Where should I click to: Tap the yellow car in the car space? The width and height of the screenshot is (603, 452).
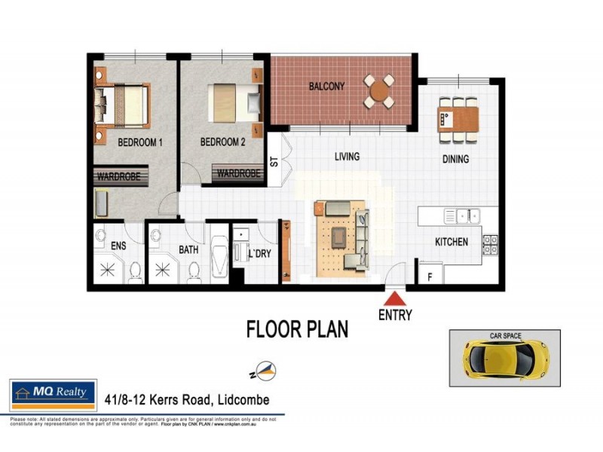pyautogui.click(x=504, y=358)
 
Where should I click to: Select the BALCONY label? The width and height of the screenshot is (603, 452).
pyautogui.click(x=326, y=87)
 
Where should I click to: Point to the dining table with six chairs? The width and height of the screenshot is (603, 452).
pyautogui.click(x=458, y=119)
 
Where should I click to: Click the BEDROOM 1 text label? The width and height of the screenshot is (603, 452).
pyautogui.click(x=140, y=142)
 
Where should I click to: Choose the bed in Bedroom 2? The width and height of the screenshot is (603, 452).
pyautogui.click(x=234, y=102)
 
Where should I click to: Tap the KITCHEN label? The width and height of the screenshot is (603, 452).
pyautogui.click(x=451, y=243)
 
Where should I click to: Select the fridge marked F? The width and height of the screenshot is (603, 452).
pyautogui.click(x=430, y=275)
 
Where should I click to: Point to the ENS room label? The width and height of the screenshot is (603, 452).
pyautogui.click(x=119, y=246)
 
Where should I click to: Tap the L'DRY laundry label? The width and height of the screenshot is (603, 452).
pyautogui.click(x=259, y=254)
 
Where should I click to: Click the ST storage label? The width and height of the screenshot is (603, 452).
pyautogui.click(x=274, y=160)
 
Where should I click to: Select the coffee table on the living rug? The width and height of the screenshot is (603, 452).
pyautogui.click(x=338, y=237)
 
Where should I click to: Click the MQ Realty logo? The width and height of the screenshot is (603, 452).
pyautogui.click(x=53, y=393)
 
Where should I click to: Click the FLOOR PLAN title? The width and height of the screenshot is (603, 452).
pyautogui.click(x=297, y=329)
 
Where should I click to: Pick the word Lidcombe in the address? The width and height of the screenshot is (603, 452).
pyautogui.click(x=239, y=400)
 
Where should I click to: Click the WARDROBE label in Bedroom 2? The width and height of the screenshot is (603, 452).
pyautogui.click(x=238, y=174)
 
